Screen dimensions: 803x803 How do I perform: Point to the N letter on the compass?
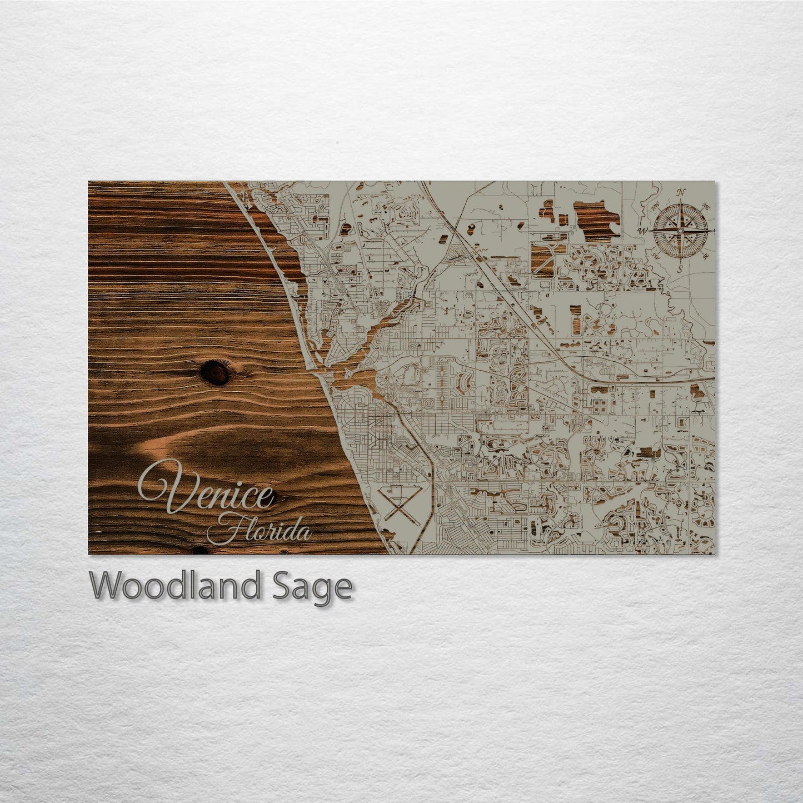point(681,193)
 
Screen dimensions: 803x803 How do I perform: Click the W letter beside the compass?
point(644,230)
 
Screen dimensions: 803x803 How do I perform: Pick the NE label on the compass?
point(706,206)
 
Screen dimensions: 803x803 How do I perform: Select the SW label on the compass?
point(656,255)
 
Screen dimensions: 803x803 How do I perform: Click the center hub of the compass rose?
point(681,230)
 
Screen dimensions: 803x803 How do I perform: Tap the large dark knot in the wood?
point(214,372)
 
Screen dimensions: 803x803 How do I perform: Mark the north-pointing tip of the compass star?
point(681,202)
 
